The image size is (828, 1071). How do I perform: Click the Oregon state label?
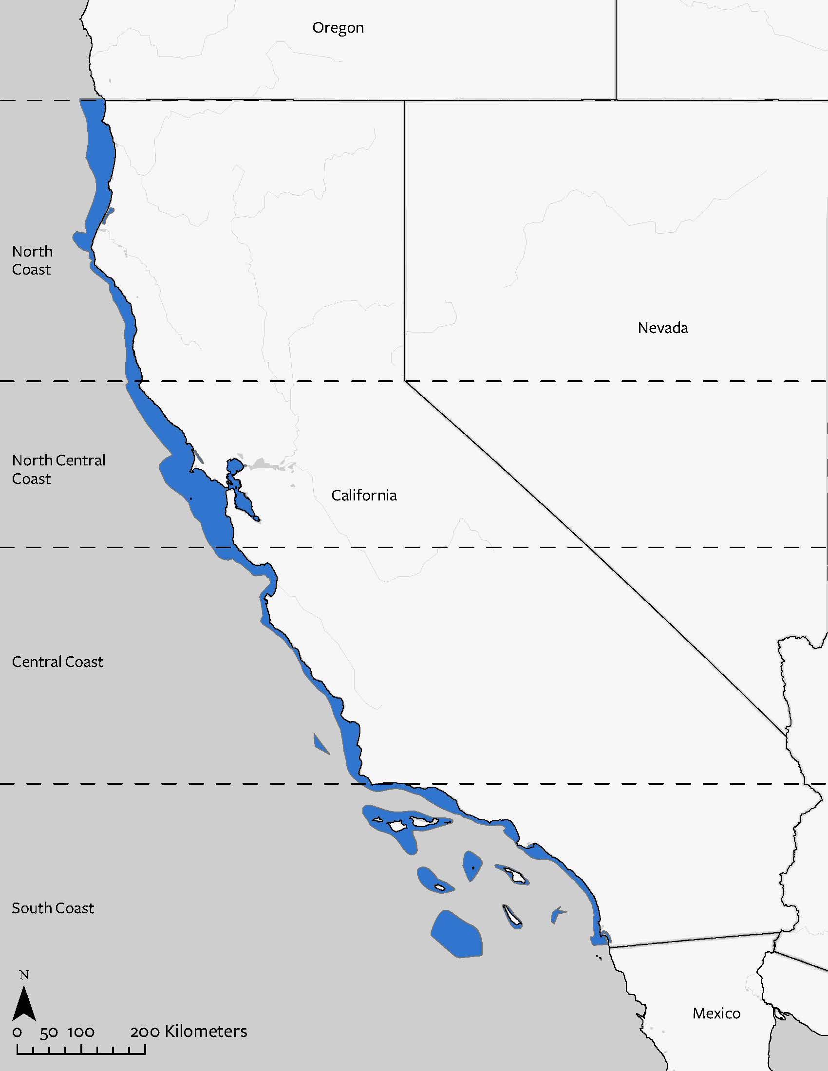point(338,27)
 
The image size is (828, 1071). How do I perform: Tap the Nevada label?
point(663,328)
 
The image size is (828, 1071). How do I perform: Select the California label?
point(364,495)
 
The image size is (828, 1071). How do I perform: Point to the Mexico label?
point(716,1013)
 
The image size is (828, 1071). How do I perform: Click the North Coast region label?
point(32,260)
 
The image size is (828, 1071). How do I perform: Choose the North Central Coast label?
point(58,469)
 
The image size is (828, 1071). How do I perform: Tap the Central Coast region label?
point(57,662)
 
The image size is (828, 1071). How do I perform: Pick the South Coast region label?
point(53,908)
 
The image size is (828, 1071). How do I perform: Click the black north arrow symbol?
point(23,1003)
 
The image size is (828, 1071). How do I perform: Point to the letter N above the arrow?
point(23,975)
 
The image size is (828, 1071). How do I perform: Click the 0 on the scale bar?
point(18,1032)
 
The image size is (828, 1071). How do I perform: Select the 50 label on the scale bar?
point(49,1032)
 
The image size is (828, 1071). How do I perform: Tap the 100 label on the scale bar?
point(81,1032)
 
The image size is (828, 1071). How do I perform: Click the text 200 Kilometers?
point(189,1031)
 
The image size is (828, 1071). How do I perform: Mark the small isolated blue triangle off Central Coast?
point(320,744)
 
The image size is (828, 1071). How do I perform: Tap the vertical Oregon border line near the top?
point(616,49)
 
